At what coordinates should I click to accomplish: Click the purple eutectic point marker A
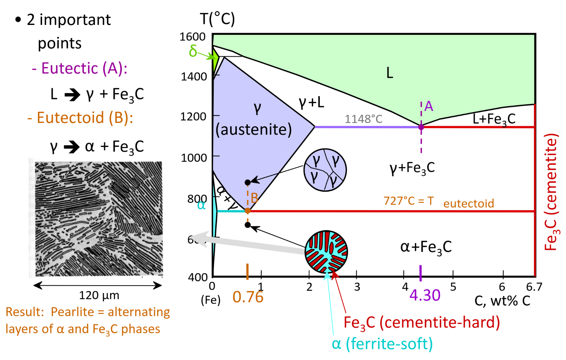click(421, 127)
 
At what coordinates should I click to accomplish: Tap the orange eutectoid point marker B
click(248, 211)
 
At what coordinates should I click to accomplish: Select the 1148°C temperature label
click(363, 119)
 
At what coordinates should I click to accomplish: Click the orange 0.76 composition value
click(248, 297)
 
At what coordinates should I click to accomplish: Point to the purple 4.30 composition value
click(425, 296)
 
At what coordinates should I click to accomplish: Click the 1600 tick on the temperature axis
click(193, 36)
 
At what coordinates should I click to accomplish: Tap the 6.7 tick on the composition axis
click(534, 287)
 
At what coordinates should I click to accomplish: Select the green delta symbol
click(193, 51)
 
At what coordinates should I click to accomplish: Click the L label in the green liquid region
click(389, 73)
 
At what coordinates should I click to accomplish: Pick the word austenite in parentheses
click(254, 130)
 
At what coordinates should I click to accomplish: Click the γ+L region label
click(311, 102)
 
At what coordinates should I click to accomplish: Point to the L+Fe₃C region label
click(494, 119)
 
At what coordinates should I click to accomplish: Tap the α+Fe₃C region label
click(426, 247)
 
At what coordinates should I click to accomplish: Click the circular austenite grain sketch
click(325, 170)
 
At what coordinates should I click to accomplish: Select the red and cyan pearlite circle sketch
click(326, 252)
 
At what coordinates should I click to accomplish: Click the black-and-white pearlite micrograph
click(99, 219)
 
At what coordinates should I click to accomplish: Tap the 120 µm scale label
click(99, 296)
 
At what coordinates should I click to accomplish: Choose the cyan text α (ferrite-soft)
click(382, 344)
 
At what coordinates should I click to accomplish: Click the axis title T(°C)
click(217, 19)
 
